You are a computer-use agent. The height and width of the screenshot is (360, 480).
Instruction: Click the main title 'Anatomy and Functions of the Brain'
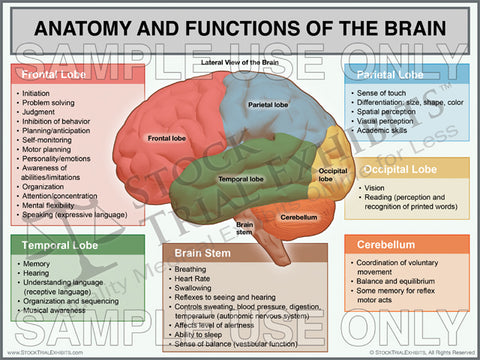click(239, 28)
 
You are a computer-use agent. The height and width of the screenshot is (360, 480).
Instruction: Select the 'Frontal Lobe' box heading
click(51, 74)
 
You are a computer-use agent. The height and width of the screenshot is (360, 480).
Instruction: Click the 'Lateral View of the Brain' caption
click(240, 62)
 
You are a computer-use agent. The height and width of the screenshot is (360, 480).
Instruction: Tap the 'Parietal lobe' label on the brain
click(269, 104)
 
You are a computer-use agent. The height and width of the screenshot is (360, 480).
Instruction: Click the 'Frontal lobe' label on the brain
click(166, 138)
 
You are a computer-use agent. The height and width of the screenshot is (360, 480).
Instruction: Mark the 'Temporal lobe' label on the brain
click(241, 179)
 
